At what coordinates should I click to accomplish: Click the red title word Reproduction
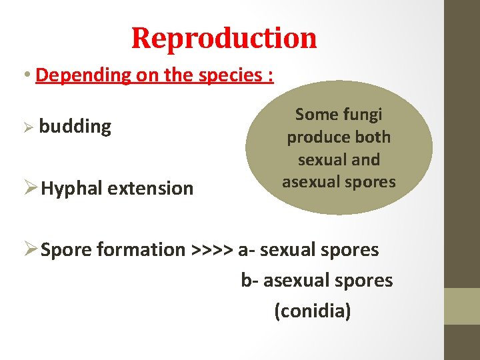[224, 38]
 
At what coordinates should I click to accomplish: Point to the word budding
[75, 126]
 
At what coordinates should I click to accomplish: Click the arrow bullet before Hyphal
[30, 188]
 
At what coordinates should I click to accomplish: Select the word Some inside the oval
[317, 115]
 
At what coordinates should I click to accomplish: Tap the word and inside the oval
[366, 160]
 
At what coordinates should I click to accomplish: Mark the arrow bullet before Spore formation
[30, 249]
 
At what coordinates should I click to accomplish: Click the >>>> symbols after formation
[212, 250]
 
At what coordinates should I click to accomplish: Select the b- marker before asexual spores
[249, 281]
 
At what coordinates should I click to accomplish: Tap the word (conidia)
[312, 311]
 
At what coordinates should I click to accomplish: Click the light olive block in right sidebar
[462, 306]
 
